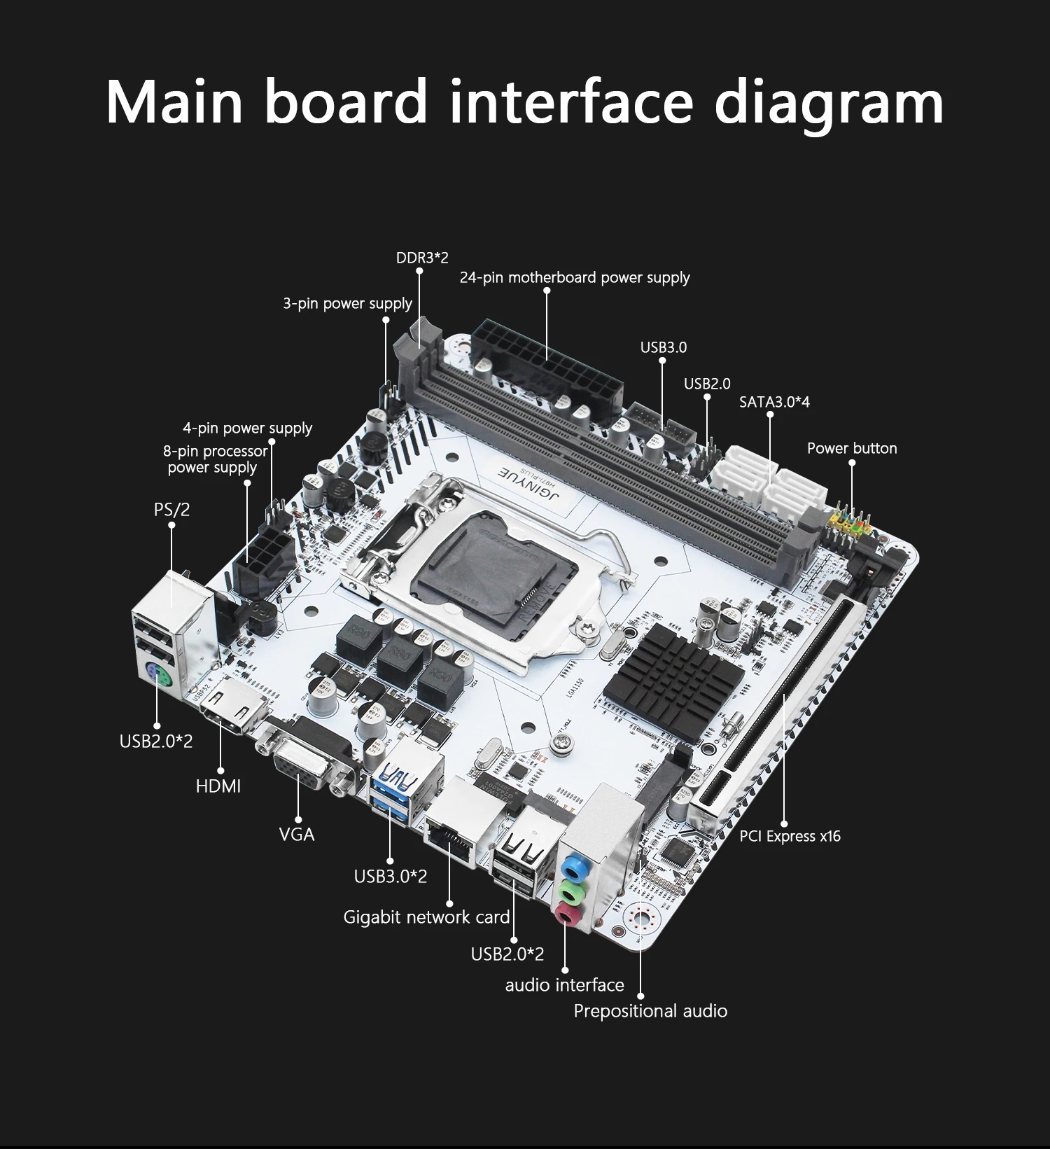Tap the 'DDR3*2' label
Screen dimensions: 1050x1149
(x=422, y=258)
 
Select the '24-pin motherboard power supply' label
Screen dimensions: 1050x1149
(x=575, y=278)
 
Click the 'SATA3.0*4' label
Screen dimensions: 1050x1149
(x=774, y=402)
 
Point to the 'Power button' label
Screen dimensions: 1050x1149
(x=852, y=448)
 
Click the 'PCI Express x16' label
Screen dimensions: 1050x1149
(x=790, y=836)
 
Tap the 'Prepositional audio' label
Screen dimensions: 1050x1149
(x=650, y=1011)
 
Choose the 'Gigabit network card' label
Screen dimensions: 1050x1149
(x=426, y=917)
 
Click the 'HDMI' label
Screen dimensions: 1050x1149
(x=218, y=786)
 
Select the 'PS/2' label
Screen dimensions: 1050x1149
(x=171, y=509)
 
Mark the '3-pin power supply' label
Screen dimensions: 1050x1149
(x=347, y=304)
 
